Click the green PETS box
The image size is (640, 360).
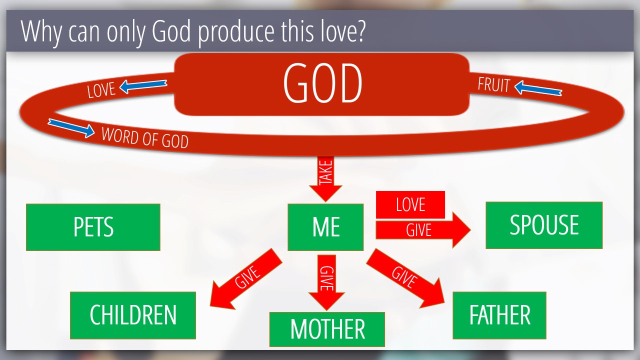point(93,227)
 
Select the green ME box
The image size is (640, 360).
point(325,227)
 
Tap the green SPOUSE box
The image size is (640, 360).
point(544,225)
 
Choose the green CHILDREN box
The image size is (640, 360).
point(133,315)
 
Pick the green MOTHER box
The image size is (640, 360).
point(327,329)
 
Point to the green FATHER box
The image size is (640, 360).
point(499,315)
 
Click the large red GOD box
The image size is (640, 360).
point(321,84)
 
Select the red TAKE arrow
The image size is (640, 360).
point(325,179)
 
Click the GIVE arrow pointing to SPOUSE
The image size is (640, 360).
point(423,230)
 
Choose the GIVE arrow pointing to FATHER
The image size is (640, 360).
point(405,278)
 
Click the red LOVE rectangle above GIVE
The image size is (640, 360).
point(410,204)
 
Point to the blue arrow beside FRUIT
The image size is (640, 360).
point(538,88)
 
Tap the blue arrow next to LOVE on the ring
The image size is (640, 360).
point(143,86)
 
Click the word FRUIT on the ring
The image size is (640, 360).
point(493,85)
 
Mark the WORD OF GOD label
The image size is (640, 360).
point(145,138)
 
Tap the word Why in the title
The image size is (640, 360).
point(41,31)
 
